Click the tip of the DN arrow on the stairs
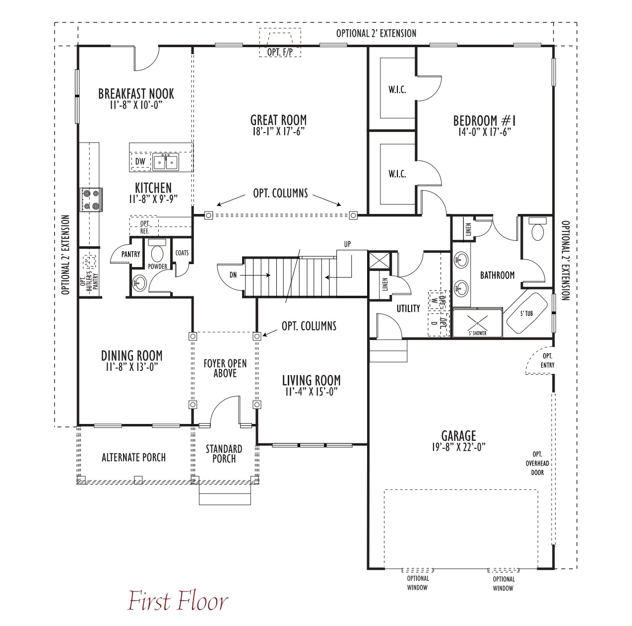coord(270,275)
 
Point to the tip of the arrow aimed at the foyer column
coord(262,336)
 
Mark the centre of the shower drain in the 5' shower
coord(478,323)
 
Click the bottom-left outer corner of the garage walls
coord(368,569)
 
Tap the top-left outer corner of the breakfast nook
coord(78,46)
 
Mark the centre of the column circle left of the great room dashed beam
coord(208,215)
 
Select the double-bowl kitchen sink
coord(166,162)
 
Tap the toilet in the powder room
coord(157,252)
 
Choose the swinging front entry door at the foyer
coord(225,411)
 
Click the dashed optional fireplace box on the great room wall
coord(280,43)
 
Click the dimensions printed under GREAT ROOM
coord(278,131)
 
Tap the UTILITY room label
coord(408,308)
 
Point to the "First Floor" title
coord(178,600)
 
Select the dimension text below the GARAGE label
coord(458,447)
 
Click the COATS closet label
coord(182,253)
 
